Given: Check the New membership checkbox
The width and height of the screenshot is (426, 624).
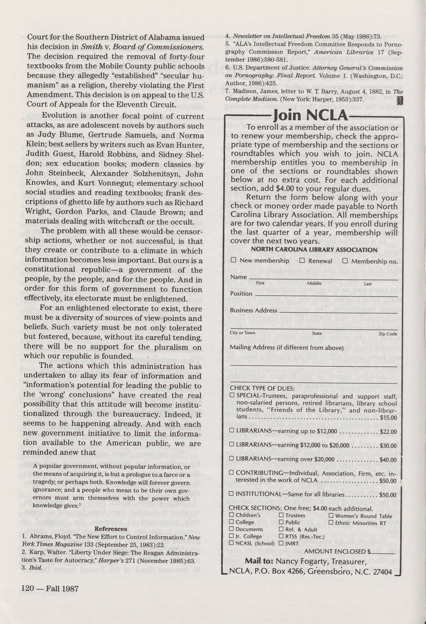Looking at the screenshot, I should coord(233,260).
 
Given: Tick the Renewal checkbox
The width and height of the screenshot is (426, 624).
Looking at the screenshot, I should coord(302,260).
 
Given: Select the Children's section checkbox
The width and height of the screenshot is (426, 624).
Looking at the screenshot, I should coord(232,515).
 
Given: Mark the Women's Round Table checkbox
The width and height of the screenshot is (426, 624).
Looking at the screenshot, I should coord(331,515).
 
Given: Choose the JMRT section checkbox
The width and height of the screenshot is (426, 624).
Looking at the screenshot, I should coord(281,543).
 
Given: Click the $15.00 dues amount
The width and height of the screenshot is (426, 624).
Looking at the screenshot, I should coord(388,417).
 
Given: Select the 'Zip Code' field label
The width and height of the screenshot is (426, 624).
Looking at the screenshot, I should coord(388,334).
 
